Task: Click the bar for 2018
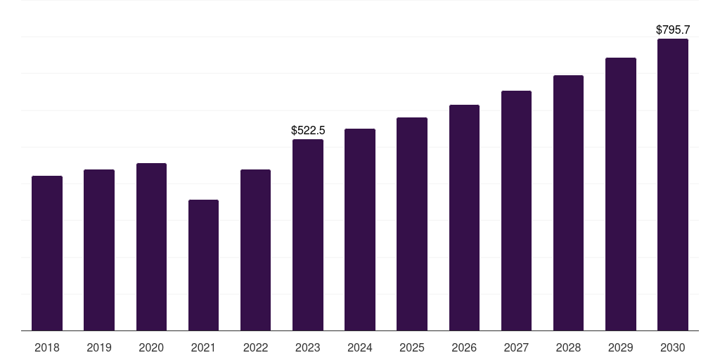[x=47, y=253]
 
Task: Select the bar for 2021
[x=203, y=265]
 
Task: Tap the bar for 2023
[x=308, y=235]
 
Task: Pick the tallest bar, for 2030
[x=673, y=184]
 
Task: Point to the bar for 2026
[x=464, y=217]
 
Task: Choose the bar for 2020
[x=151, y=247]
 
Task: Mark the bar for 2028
[x=568, y=202]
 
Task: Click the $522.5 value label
[x=308, y=130]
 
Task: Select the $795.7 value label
[x=673, y=30]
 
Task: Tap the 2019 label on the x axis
[x=99, y=347]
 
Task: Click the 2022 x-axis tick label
[x=255, y=347]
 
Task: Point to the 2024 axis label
[x=360, y=347]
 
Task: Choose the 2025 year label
[x=412, y=347]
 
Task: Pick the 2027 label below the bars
[x=516, y=347]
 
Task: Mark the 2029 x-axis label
[x=621, y=347]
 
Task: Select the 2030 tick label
[x=673, y=347]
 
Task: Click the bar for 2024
[x=360, y=229]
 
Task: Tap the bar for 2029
[x=621, y=194]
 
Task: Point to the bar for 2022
[x=255, y=250]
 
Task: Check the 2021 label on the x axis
[x=203, y=347]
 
